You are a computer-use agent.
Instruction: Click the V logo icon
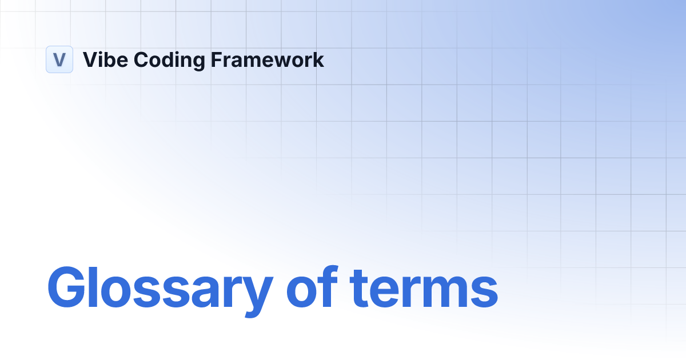(x=59, y=59)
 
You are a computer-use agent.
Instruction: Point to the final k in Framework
(x=318, y=59)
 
